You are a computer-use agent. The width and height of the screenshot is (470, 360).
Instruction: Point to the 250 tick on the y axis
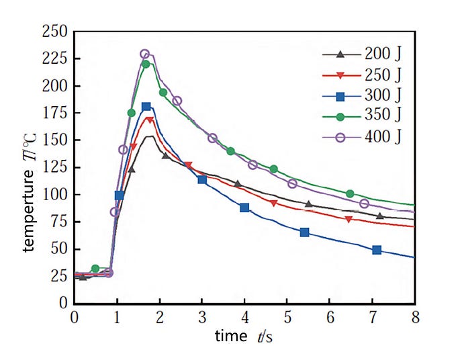click(x=56, y=32)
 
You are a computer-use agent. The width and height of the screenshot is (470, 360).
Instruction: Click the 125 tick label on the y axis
click(x=56, y=167)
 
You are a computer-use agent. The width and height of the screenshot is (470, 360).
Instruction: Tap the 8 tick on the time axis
click(x=415, y=316)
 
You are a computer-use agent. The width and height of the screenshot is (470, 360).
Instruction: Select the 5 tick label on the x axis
click(x=287, y=316)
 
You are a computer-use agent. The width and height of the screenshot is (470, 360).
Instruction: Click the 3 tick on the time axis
click(x=202, y=316)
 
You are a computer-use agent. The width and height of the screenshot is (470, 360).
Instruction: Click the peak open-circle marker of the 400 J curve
click(x=144, y=54)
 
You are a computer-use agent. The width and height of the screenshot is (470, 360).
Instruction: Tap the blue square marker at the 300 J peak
click(x=146, y=107)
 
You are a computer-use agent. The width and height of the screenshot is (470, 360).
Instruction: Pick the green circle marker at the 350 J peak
click(x=146, y=64)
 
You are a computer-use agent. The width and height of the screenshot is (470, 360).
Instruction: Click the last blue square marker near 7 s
click(x=377, y=250)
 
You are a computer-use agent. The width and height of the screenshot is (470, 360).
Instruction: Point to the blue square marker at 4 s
click(x=244, y=208)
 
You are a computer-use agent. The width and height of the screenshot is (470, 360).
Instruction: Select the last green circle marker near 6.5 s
click(x=350, y=193)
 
